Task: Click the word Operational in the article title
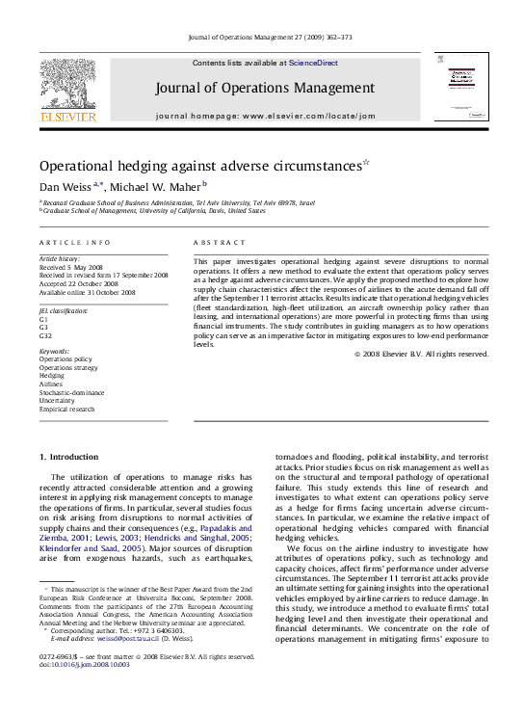[84, 166]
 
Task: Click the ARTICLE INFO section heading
[74, 243]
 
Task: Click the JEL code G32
[45, 335]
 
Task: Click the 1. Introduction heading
[66, 456]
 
